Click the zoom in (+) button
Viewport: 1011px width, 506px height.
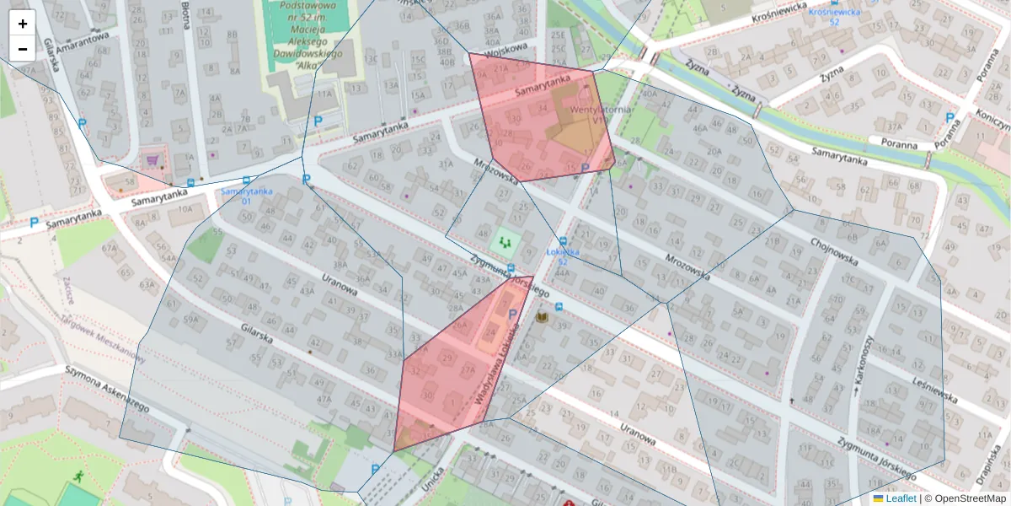point(22,24)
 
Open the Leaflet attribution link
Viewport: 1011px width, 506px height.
point(900,498)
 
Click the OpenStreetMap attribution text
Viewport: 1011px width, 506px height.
point(969,498)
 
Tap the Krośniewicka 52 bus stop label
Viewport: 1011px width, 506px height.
point(833,17)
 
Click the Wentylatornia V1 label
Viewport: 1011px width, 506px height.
point(589,115)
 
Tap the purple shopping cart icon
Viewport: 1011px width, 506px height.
point(152,159)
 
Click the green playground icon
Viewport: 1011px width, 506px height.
point(505,242)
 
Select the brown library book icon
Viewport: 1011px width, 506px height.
point(542,317)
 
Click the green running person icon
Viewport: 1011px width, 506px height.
point(78,476)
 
